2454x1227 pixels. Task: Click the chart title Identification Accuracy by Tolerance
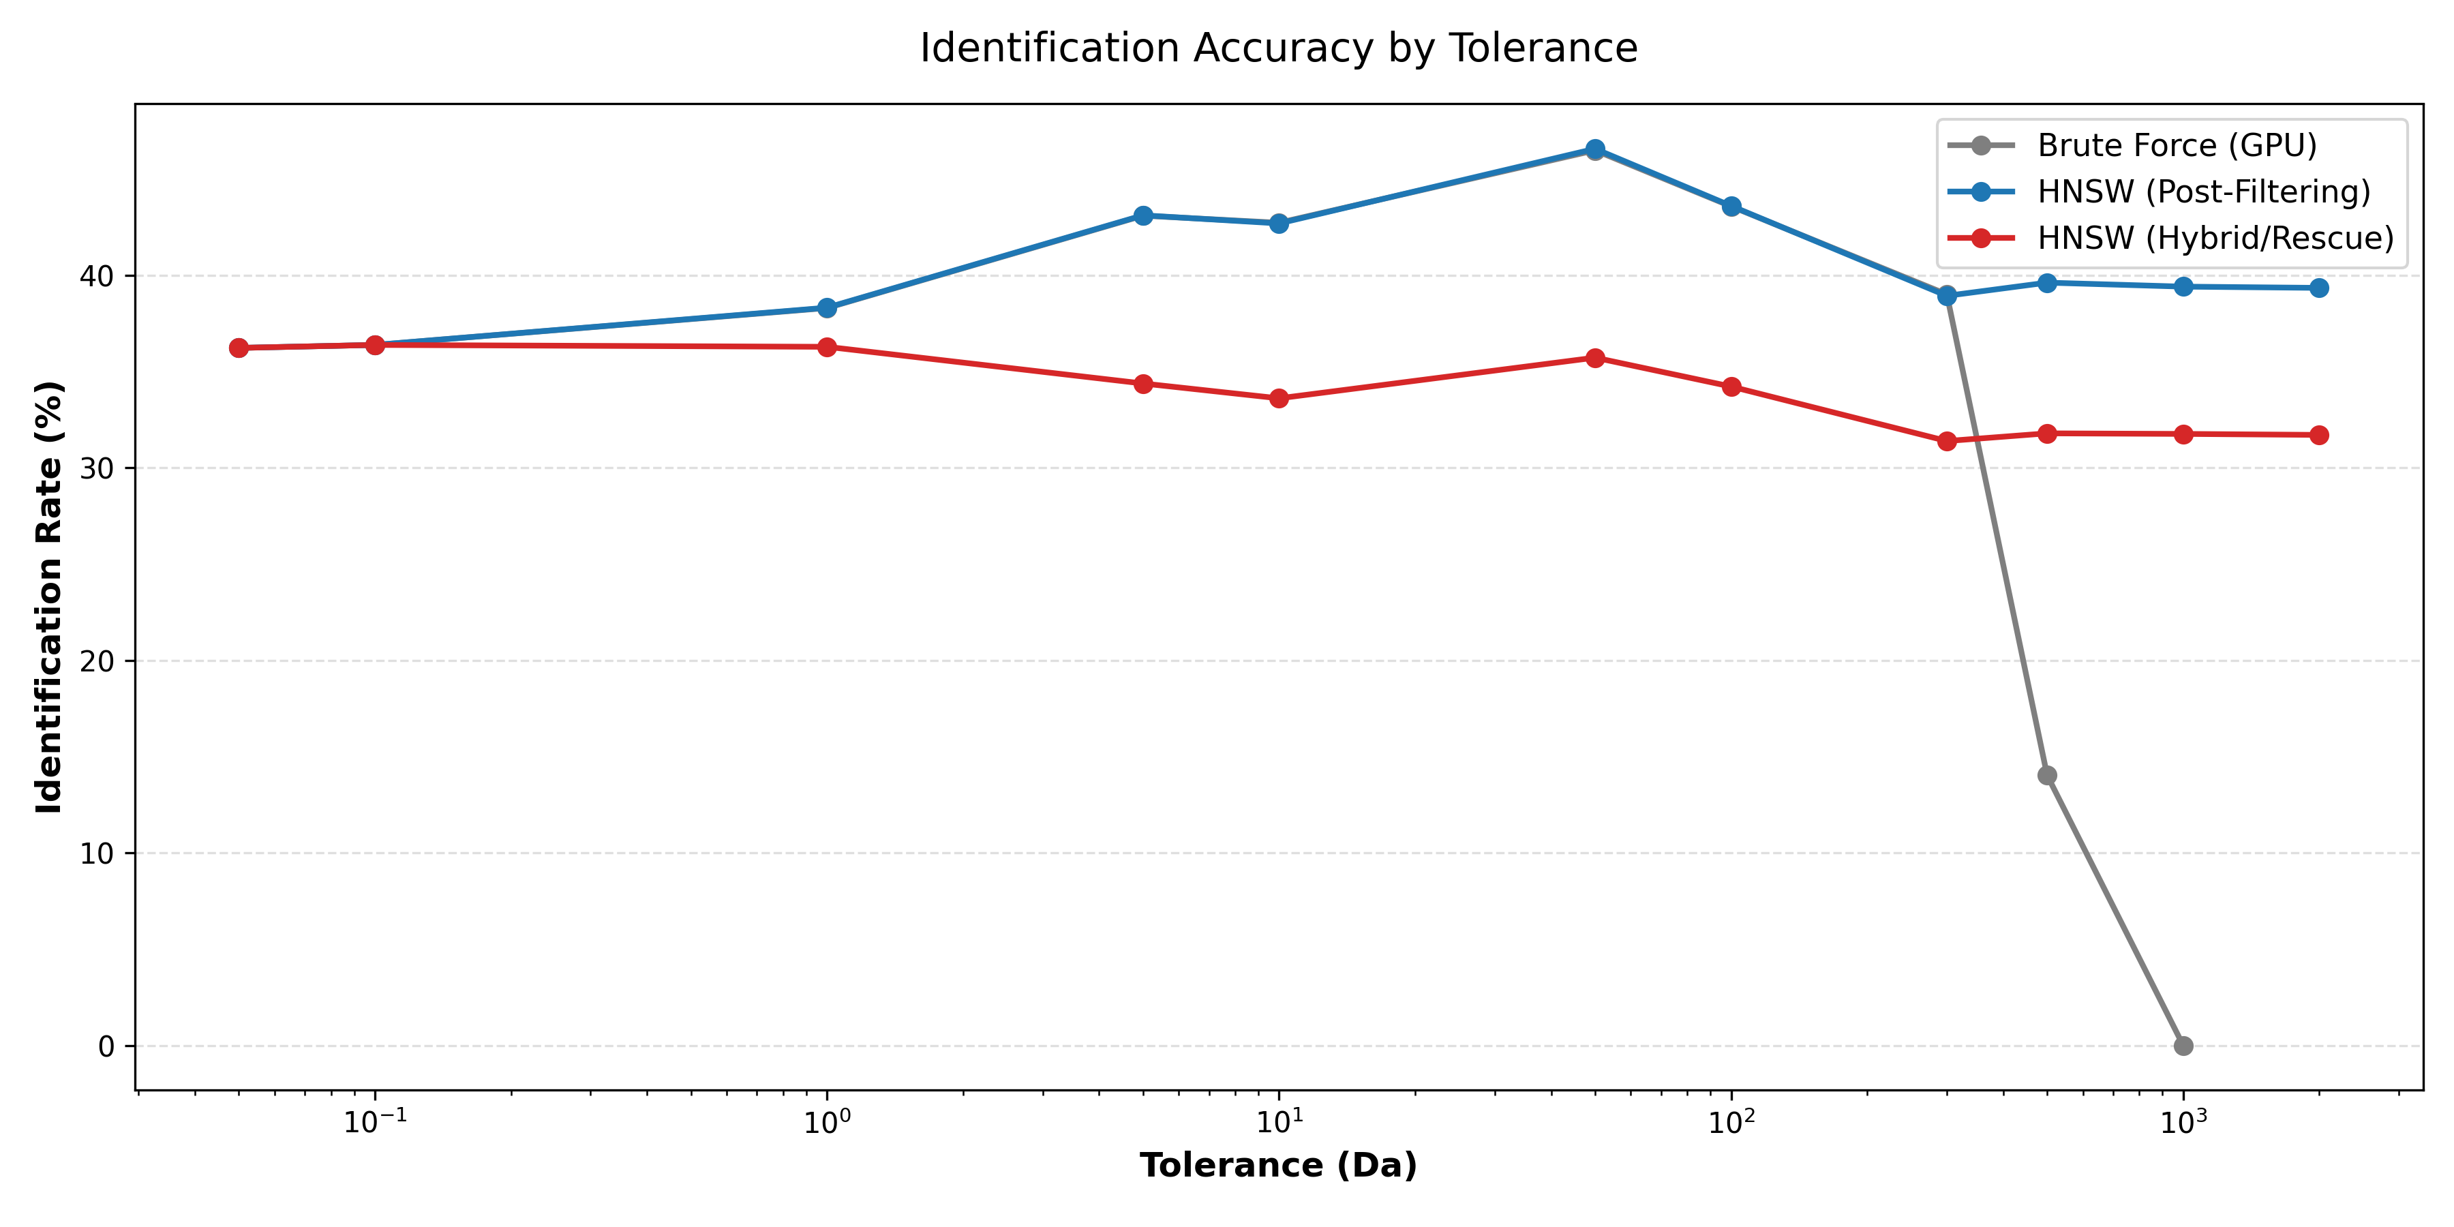1278,48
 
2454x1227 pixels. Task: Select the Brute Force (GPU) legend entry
2176,146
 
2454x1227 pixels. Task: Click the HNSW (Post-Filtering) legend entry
2202,192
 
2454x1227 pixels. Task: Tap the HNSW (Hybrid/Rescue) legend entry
2215,238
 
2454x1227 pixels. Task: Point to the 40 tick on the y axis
95,276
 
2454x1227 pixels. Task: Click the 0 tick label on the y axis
106,1046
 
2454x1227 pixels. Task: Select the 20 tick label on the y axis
95,661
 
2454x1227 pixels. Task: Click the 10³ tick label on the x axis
2183,1122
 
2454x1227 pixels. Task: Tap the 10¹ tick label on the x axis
1278,1122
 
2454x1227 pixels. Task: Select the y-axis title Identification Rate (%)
48,597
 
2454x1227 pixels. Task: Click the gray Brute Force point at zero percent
2183,1046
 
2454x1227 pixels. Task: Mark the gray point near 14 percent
2047,776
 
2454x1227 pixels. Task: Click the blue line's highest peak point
1594,149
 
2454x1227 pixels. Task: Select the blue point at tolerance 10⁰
827,307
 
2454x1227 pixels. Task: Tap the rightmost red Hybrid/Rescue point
2319,436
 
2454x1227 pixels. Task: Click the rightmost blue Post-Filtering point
2319,288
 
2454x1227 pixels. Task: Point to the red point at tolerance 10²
1731,387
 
